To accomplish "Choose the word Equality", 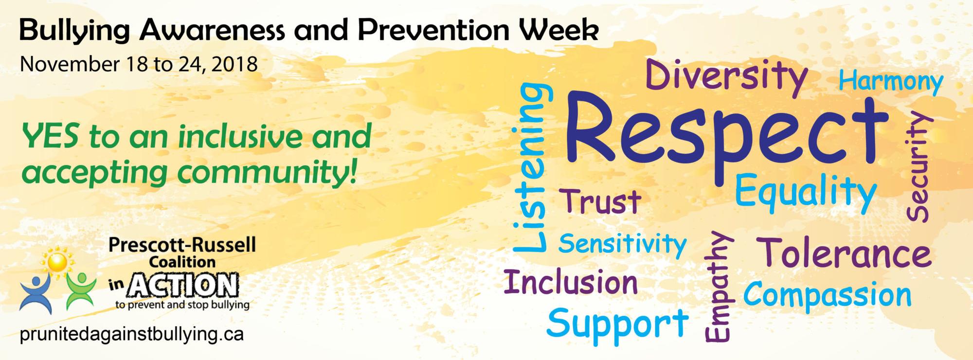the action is pos(805,193).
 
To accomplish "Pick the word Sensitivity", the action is pos(622,244).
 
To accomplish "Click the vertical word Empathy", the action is pos(719,287).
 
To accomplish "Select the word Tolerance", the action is pos(846,253).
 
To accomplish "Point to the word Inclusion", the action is pos(571,282).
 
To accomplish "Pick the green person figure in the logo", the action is pos(80,290).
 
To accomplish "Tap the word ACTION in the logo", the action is pos(182,286).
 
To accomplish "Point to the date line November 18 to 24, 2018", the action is pos(139,65).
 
